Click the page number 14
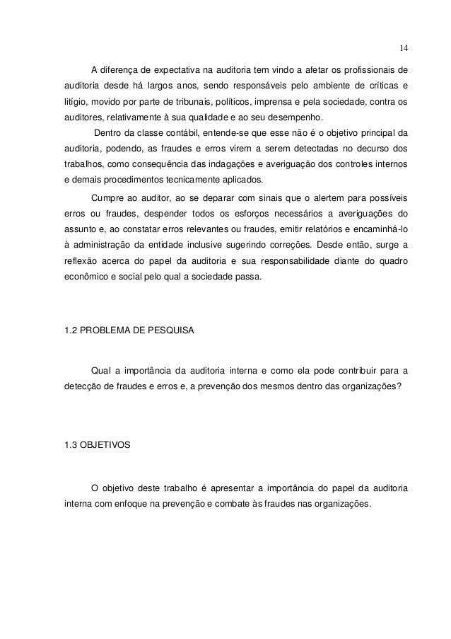coord(403,48)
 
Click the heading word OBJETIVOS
coord(107,446)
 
